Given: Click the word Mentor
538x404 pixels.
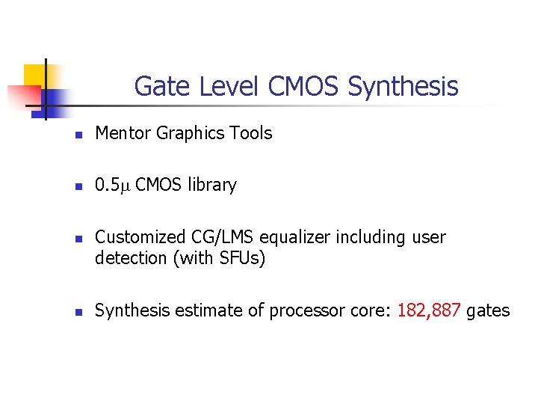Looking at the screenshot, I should click(x=123, y=134).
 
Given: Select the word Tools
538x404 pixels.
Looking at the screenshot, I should click(x=251, y=134).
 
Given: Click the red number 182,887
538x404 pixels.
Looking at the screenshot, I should click(x=430, y=310).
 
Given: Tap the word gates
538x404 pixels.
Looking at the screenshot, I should click(x=488, y=310).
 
